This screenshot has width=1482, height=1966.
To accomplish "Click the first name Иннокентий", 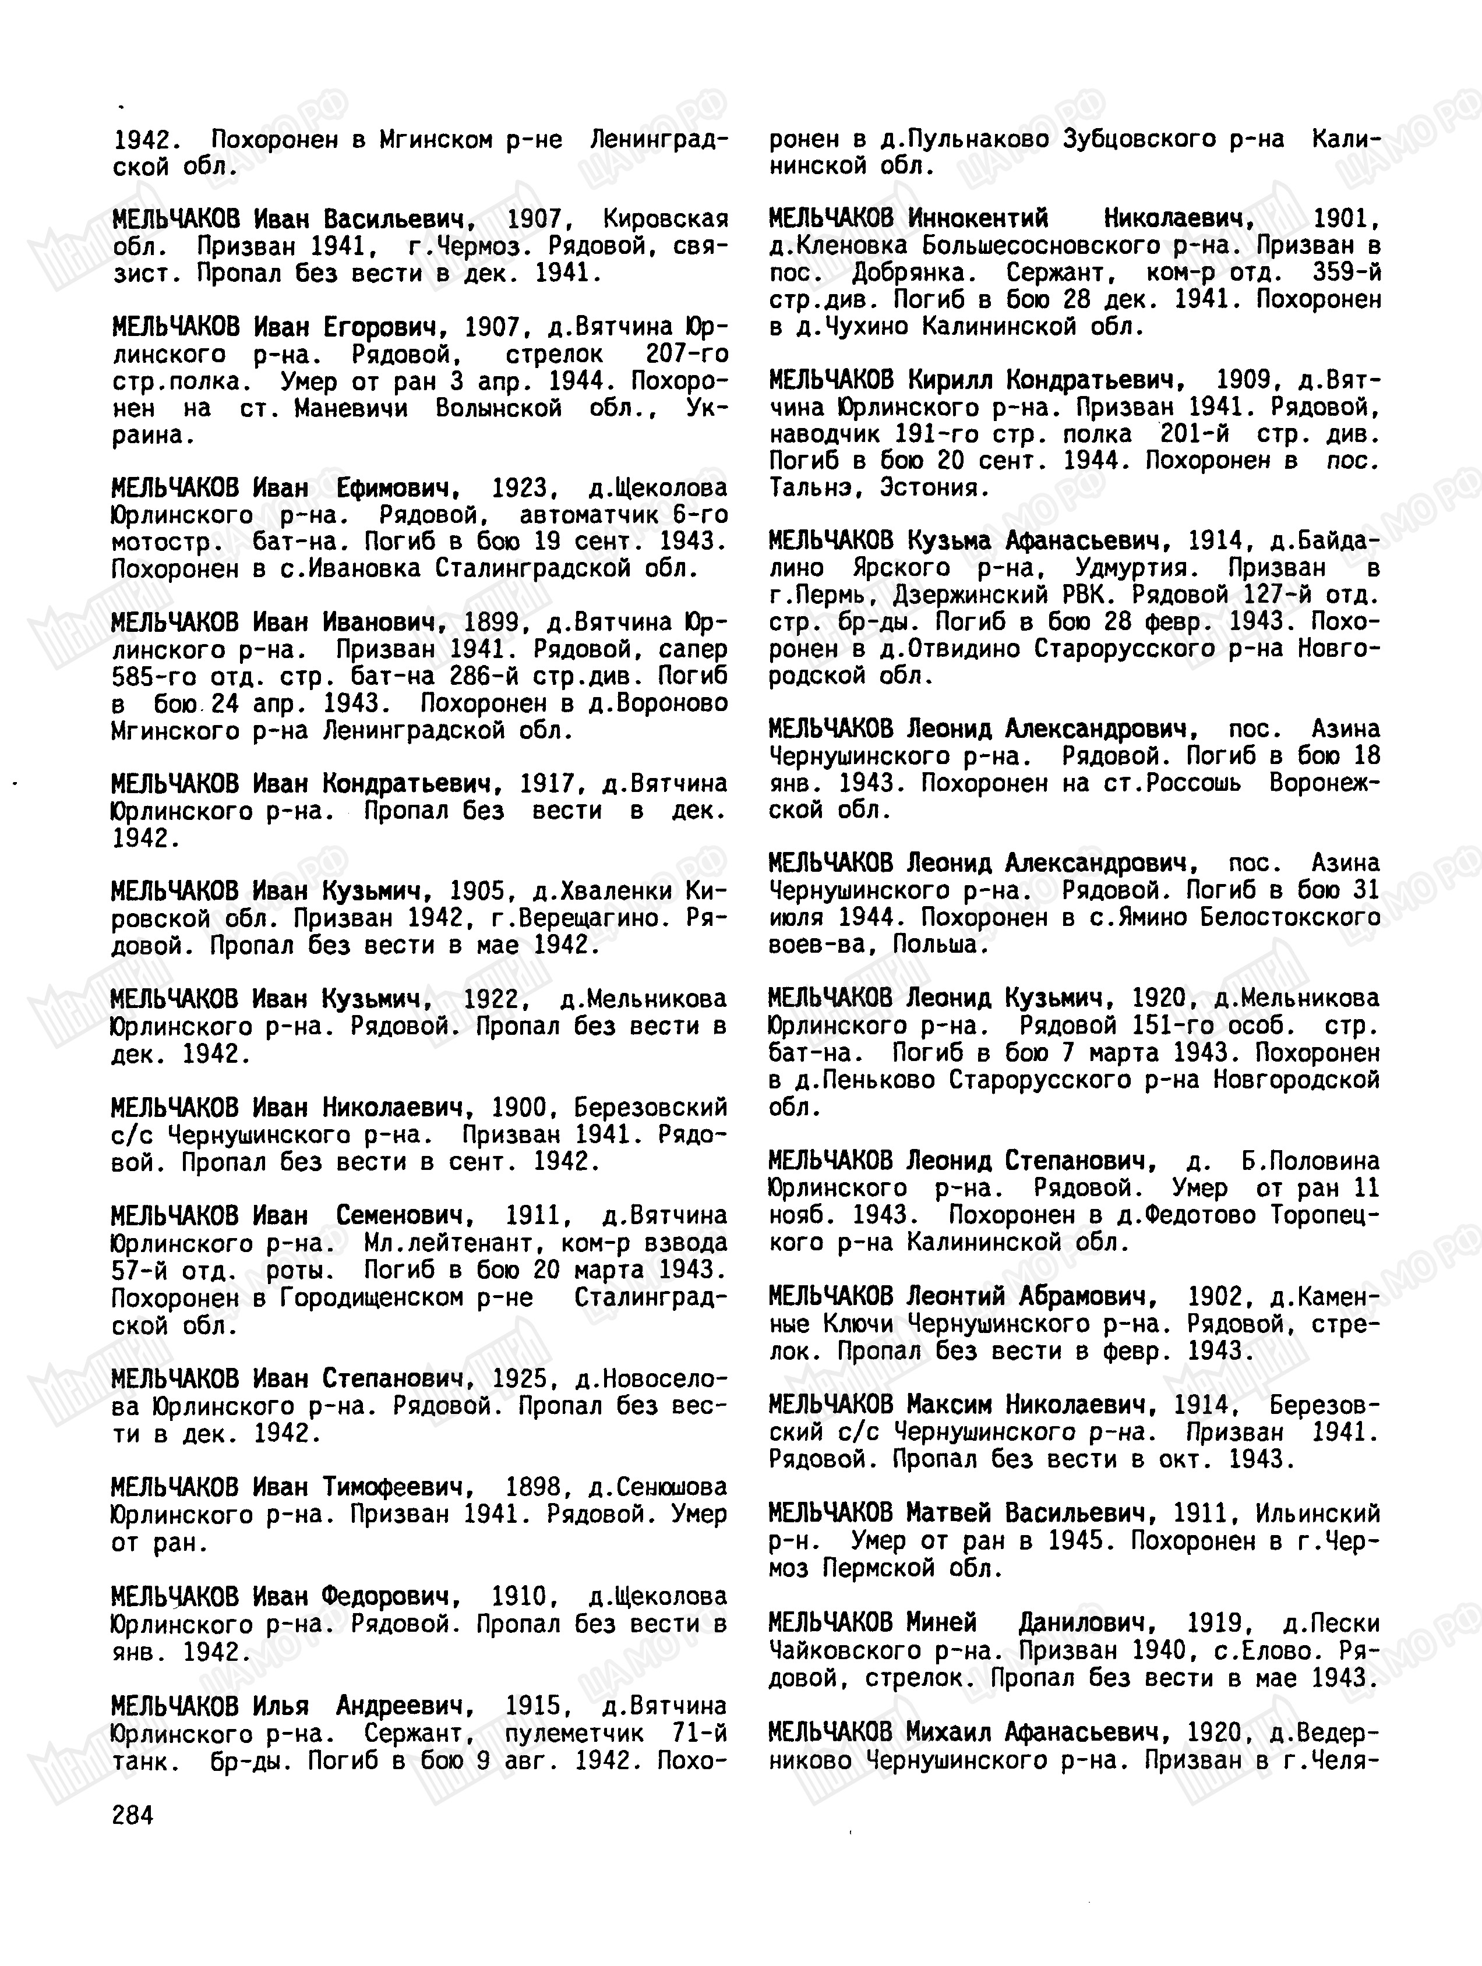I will pyautogui.click(x=978, y=218).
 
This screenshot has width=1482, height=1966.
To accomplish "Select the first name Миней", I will pyautogui.click(x=941, y=1623).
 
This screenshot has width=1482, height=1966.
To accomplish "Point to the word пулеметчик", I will pyautogui.click(x=573, y=1733).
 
